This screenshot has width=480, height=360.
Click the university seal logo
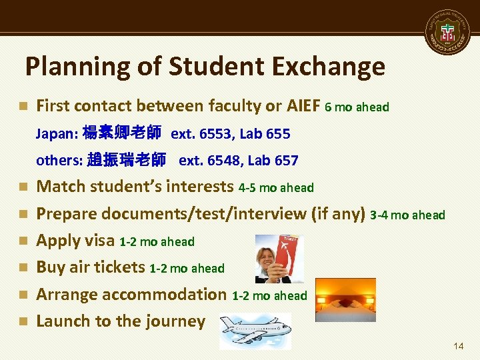click(x=449, y=33)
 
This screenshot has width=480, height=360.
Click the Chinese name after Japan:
click(x=121, y=133)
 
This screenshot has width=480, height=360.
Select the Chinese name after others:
click(x=127, y=160)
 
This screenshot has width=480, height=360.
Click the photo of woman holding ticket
click(x=277, y=259)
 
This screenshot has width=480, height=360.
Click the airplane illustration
click(x=255, y=331)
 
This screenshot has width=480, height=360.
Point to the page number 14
click(x=457, y=346)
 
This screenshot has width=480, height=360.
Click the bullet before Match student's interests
click(x=23, y=187)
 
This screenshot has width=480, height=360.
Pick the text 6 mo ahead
click(x=357, y=107)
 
